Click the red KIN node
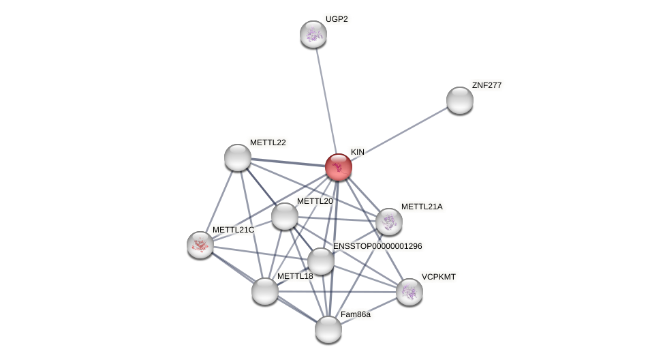coord(339,167)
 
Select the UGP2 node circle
coord(313,34)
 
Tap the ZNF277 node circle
coord(460,100)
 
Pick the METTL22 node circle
coord(238,157)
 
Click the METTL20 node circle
coord(285,216)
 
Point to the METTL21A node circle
coord(389,222)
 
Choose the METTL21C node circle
coord(200,245)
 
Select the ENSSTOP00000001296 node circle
coord(321,261)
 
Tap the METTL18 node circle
coord(265,291)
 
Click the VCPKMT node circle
coord(409,292)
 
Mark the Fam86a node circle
coord(328,329)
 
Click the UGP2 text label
coord(337,19)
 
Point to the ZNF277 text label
coord(486,85)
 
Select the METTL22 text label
coord(268,142)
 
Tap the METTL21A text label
coord(422,207)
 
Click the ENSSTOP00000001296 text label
coord(377,246)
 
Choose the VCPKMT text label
coord(439,277)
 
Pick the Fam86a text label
coord(356,314)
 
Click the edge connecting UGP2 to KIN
coord(326,99)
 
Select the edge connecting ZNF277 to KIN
coord(402,132)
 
